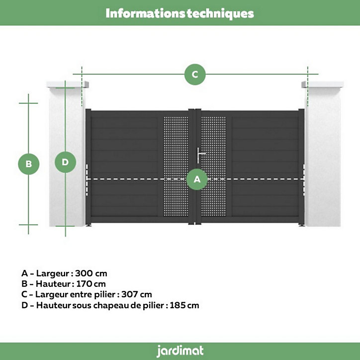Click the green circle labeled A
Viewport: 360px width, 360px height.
click(197, 180)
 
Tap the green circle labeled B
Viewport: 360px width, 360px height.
click(29, 164)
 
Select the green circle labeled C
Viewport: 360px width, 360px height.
click(195, 75)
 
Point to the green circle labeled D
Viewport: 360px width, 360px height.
click(65, 162)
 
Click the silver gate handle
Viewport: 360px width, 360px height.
click(200, 155)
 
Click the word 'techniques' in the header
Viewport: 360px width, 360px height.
click(220, 13)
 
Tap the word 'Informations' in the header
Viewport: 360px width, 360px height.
click(145, 13)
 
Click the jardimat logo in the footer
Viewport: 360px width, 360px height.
click(180, 351)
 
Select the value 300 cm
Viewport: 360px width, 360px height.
click(91, 273)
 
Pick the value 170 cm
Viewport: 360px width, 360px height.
click(91, 284)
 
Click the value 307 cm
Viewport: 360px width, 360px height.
click(137, 294)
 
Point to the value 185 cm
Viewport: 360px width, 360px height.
click(184, 305)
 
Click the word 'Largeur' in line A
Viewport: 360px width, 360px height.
click(53, 273)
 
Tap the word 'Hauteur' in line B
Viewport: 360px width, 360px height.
click(53, 284)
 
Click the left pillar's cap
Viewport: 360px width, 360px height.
click(68, 85)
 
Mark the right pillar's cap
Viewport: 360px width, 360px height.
click(323, 85)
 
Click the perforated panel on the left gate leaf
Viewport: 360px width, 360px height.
click(176, 167)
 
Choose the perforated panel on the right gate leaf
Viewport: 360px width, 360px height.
click(213, 167)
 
